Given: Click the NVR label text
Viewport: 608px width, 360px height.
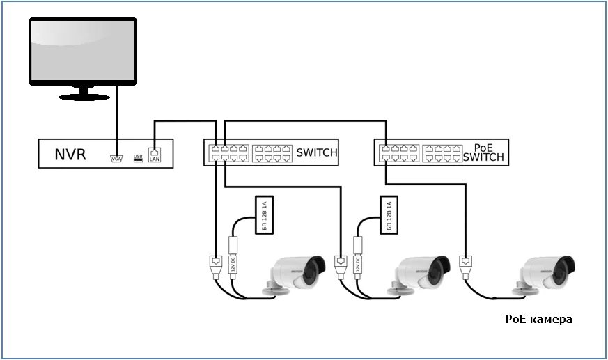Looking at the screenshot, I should click(70, 154).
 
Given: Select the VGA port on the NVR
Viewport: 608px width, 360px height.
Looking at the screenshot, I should click(116, 158).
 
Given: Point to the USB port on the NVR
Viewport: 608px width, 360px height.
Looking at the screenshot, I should click(138, 158).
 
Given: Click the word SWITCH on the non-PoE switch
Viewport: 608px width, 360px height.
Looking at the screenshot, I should click(317, 153).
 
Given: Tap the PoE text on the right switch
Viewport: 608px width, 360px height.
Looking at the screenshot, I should click(483, 148).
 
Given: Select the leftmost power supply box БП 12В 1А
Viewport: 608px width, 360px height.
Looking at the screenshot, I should click(263, 215).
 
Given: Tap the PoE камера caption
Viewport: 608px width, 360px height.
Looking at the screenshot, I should click(538, 320).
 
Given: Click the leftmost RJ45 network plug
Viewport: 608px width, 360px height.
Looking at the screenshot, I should click(215, 267).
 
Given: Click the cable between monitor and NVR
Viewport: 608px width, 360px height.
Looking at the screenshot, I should click(116, 118).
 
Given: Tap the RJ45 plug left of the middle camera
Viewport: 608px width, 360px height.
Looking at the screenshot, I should click(341, 267).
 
